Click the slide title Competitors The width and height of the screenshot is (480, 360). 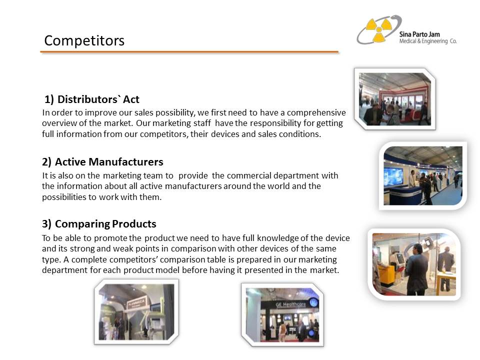point(84,40)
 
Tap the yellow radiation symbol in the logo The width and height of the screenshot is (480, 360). point(378,29)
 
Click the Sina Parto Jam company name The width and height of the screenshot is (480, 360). point(419,34)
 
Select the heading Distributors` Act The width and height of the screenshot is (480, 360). point(92,99)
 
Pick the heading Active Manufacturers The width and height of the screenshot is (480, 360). point(102,161)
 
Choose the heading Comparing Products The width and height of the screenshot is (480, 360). point(99,224)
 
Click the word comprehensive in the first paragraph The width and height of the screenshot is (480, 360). point(316,112)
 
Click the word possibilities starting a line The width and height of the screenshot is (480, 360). point(64,197)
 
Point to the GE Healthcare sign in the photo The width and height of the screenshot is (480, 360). point(290,304)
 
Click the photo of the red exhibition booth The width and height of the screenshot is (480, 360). point(395,99)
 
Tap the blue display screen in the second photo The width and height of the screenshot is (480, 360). point(393,176)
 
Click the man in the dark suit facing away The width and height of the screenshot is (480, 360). point(416,269)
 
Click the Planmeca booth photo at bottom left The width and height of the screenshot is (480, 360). point(136,312)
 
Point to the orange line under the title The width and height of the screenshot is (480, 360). point(189,52)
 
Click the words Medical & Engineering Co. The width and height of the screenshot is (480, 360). point(427,41)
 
